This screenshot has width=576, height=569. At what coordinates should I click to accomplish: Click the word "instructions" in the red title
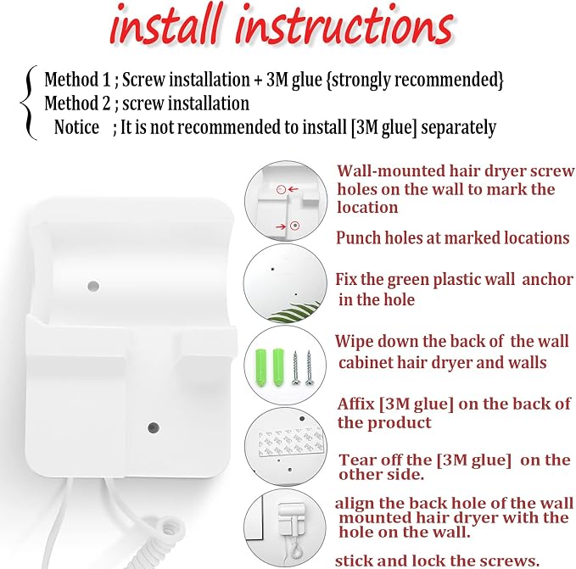344,25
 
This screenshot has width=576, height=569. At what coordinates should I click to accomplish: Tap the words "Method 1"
77,80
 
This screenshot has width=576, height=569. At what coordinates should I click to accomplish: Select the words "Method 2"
77,103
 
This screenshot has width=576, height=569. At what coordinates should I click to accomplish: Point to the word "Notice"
76,127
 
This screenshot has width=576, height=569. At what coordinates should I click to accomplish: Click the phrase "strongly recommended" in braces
416,80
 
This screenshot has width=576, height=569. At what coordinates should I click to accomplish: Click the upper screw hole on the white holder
93,286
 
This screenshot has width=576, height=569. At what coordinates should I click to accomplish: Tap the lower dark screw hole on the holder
154,427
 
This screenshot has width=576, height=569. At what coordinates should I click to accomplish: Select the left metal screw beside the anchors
295,368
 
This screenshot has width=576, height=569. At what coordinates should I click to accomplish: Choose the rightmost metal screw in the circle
309,368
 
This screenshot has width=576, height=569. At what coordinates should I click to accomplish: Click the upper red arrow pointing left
294,189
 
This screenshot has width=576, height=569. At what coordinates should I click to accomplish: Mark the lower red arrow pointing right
281,226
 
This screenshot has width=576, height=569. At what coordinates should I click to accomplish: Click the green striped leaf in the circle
296,312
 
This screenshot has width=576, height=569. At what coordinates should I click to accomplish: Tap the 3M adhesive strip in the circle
291,441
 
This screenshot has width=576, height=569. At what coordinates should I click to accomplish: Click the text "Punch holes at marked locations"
453,238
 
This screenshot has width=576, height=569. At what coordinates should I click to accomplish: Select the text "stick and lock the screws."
437,561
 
